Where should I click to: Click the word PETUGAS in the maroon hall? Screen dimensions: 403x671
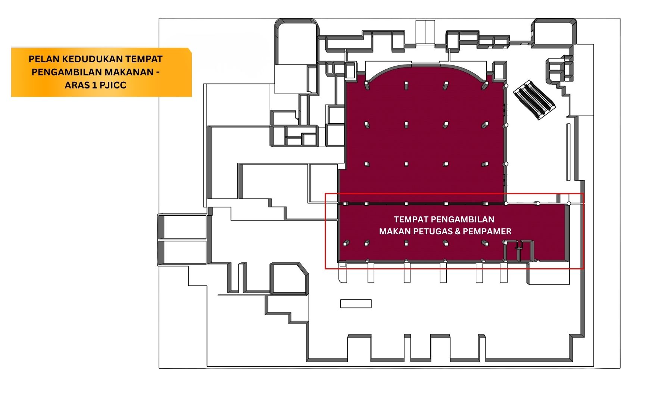coord(433,231)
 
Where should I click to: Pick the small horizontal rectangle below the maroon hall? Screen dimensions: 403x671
coord(356,304)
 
